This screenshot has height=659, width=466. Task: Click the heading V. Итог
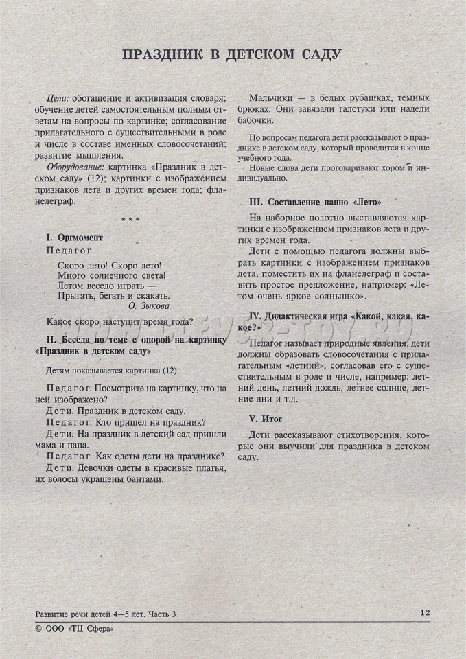(264, 418)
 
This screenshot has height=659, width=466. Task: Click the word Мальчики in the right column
(272, 98)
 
